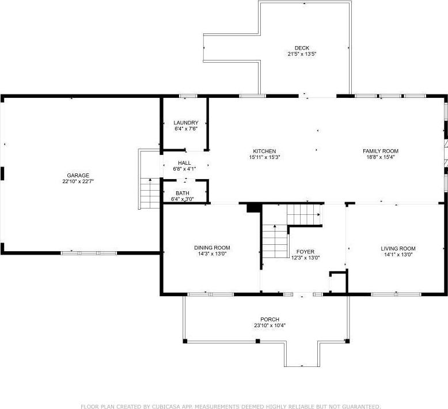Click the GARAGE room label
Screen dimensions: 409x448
(78, 175)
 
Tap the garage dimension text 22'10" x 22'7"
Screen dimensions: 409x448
(78, 181)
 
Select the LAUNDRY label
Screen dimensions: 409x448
(186, 123)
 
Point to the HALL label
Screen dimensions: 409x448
(184, 163)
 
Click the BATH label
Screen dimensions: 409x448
(182, 194)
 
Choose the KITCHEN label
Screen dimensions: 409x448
(264, 151)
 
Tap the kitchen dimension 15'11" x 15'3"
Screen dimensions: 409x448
(264, 157)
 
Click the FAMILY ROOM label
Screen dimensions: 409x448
(380, 151)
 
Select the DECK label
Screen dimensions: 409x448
(302, 48)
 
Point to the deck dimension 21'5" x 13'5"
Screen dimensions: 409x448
(302, 54)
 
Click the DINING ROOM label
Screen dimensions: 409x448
(212, 248)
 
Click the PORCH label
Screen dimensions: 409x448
(269, 319)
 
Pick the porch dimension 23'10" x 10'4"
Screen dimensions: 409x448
(269, 325)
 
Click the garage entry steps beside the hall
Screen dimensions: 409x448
(150, 193)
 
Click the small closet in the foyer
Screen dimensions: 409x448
(337, 283)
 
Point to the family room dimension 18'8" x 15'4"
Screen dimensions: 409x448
(380, 157)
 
